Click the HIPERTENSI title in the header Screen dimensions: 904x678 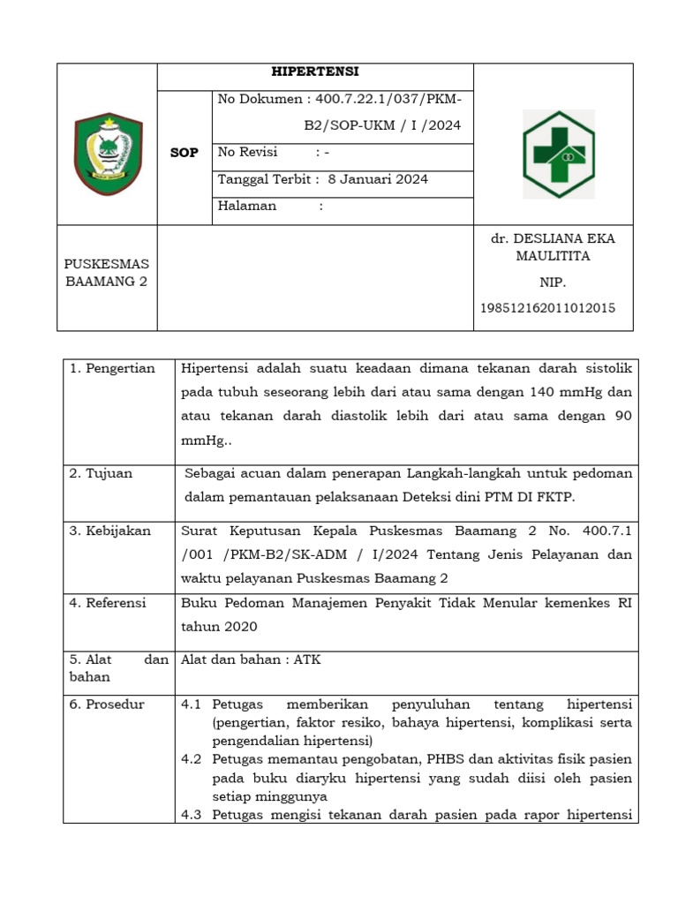pyautogui.click(x=314, y=72)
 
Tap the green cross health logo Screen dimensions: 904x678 pyautogui.click(x=558, y=153)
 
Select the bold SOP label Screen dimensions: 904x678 pyautogui.click(x=185, y=153)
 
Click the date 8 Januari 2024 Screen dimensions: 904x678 pyautogui.click(x=378, y=179)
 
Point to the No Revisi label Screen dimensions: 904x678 pyautogui.click(x=247, y=152)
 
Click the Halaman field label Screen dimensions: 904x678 pyautogui.click(x=247, y=206)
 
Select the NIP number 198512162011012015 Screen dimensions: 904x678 pyautogui.click(x=548, y=308)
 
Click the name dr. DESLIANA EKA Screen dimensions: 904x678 pyautogui.click(x=553, y=238)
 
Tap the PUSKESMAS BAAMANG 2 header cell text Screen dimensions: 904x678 pyautogui.click(x=107, y=273)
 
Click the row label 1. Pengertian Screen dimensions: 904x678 pyautogui.click(x=112, y=368)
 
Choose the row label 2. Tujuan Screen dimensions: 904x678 pyautogui.click(x=102, y=473)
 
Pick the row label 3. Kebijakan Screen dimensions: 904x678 pyautogui.click(x=110, y=531)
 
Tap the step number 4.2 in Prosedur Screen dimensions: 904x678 pyautogui.click(x=192, y=759)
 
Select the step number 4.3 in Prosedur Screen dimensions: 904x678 pyautogui.click(x=192, y=815)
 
